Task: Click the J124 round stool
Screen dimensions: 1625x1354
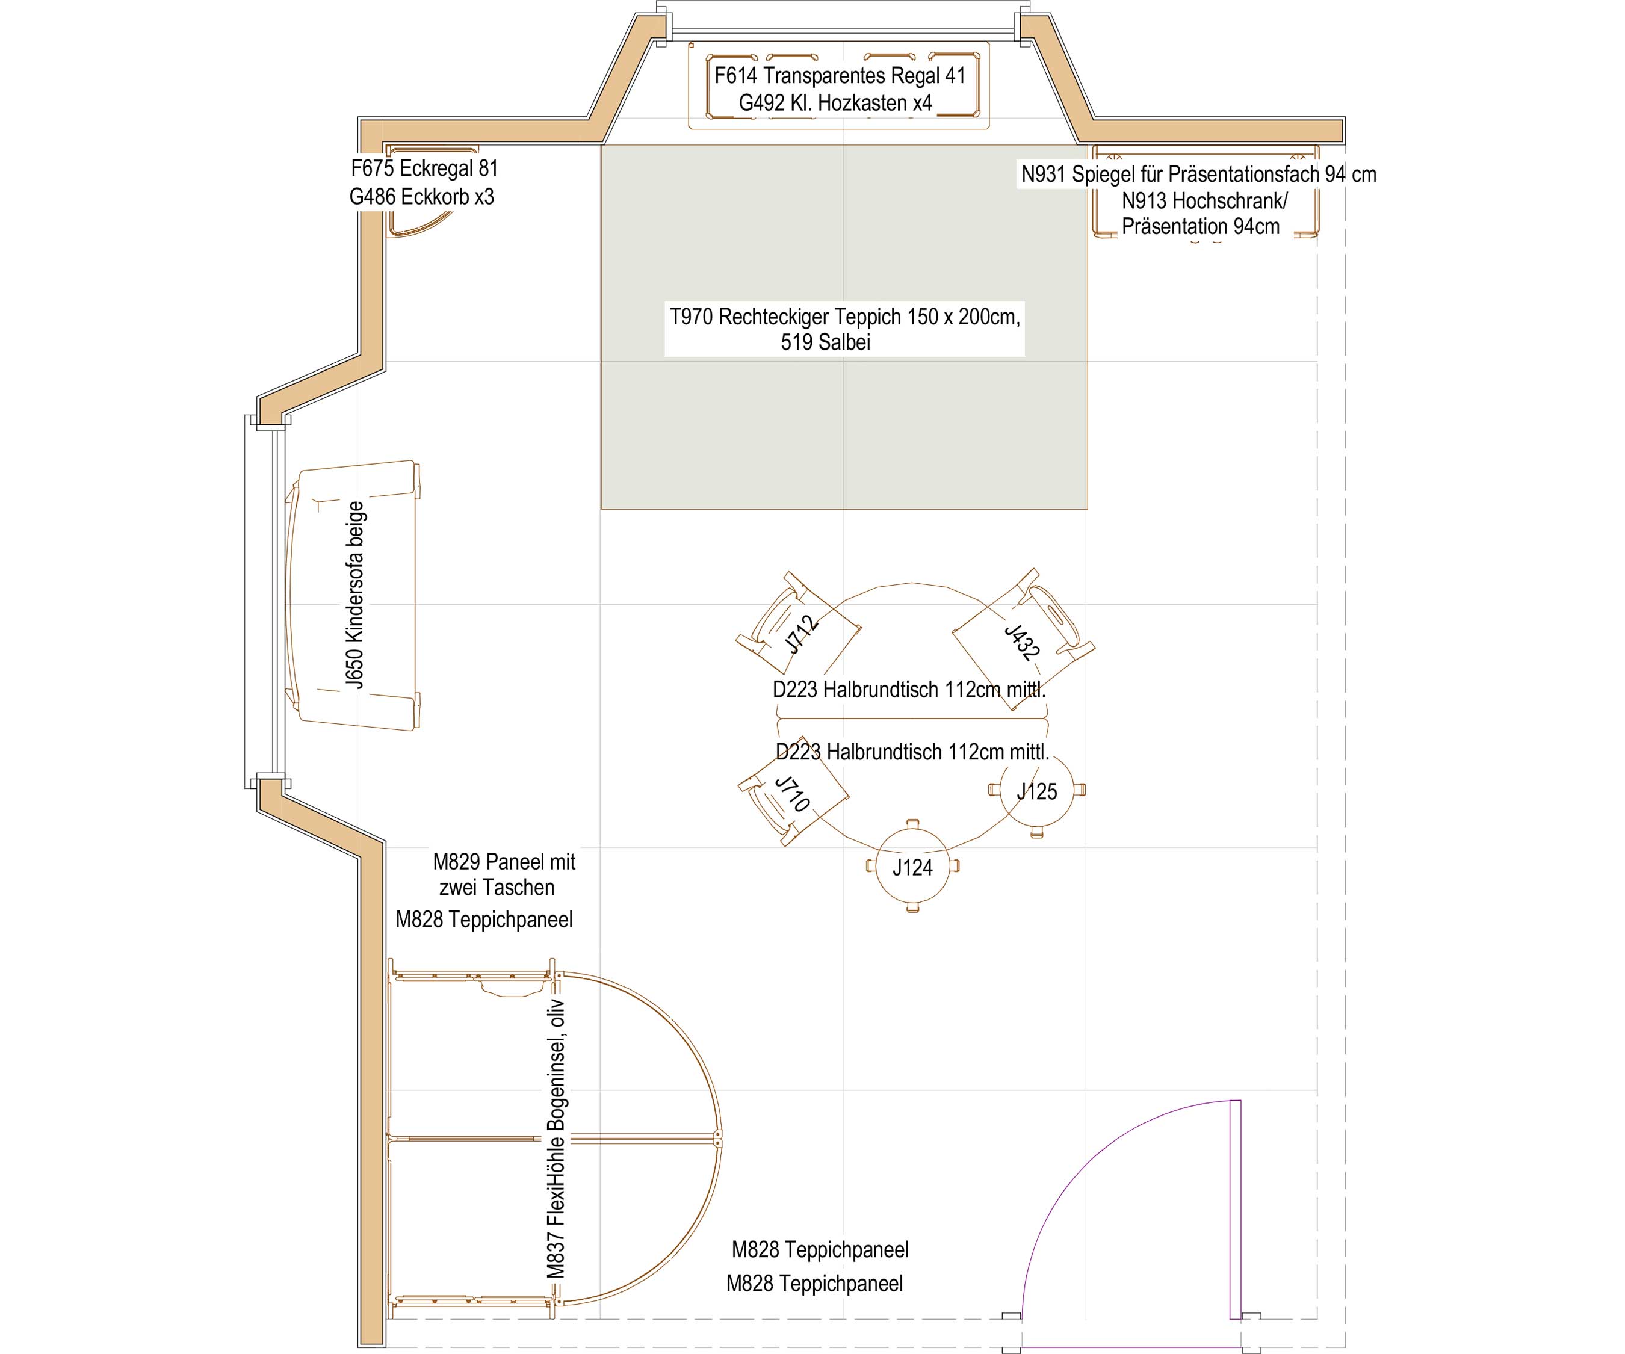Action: click(912, 867)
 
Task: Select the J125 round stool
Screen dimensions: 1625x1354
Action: click(1037, 790)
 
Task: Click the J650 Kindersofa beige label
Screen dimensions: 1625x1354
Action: click(354, 595)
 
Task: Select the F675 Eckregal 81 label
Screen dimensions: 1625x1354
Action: click(424, 168)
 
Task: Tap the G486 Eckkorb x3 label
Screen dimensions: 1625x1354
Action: click(422, 197)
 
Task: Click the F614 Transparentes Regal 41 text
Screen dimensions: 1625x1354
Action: click(840, 75)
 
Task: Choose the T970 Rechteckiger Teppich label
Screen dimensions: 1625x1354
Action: click(844, 317)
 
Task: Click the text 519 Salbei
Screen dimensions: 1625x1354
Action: click(826, 342)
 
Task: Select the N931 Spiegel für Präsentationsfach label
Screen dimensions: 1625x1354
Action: click(1199, 174)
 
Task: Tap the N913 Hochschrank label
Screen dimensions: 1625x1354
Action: click(1204, 200)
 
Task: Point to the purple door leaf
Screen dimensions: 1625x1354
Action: click(1235, 1208)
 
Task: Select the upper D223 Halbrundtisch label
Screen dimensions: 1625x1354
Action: click(909, 690)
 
